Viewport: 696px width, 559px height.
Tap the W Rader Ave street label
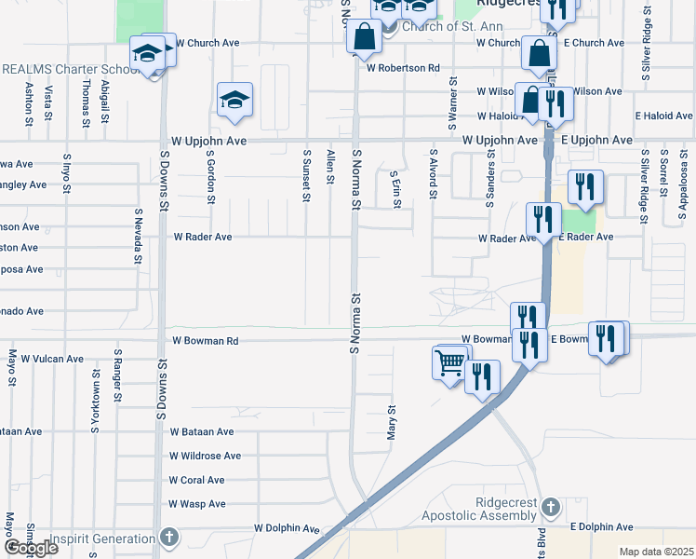point(202,237)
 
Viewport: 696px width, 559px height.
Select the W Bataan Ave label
point(202,432)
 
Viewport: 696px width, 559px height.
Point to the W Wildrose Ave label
point(205,457)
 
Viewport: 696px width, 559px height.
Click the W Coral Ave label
point(196,481)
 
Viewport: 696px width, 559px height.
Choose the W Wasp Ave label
point(197,504)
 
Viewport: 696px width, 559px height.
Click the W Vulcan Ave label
point(52,359)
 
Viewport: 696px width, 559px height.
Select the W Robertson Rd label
point(402,68)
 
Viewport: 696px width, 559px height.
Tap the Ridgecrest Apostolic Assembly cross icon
point(550,507)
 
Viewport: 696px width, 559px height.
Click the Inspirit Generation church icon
point(167,537)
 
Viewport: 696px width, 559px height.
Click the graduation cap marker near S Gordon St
point(235,99)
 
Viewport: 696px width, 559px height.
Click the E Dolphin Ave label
point(601,527)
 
